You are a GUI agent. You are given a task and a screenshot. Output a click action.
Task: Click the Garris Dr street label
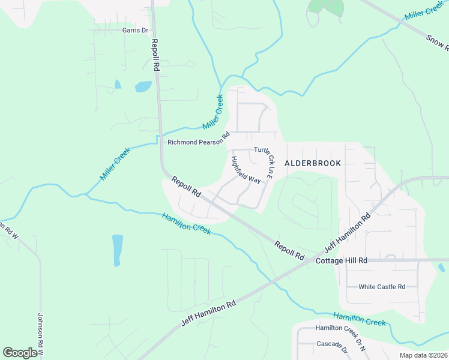pos(135,30)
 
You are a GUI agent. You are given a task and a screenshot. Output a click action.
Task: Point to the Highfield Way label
pos(246,170)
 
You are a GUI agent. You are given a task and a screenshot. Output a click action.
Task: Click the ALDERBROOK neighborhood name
pos(313,163)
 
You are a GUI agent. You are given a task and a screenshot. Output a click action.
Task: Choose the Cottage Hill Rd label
pos(340,261)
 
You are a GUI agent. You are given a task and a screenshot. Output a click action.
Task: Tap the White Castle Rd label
pos(382,287)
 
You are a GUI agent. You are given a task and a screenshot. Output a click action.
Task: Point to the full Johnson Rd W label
pos(41,335)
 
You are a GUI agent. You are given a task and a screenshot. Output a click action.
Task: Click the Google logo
pos(20,353)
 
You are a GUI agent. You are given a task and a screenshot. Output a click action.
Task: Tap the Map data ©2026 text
pos(423,355)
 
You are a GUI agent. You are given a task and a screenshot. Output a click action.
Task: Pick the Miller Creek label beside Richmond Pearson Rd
pos(212,112)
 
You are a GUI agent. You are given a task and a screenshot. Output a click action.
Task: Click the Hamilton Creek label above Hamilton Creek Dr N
pos(360,319)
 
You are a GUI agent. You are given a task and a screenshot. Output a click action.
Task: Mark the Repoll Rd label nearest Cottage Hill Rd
pos(289,250)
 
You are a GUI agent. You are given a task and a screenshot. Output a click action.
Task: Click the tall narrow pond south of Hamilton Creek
pos(117,250)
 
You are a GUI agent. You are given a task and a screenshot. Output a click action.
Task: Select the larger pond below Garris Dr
pos(143,86)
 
